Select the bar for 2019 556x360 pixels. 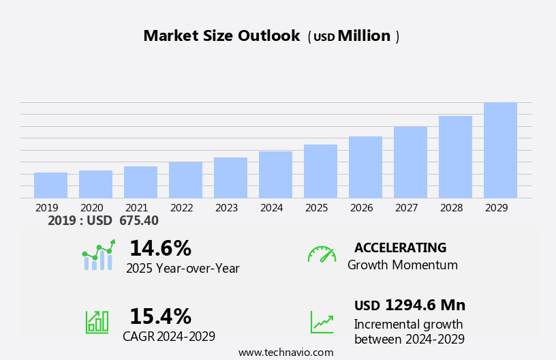click(x=50, y=185)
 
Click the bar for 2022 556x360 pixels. click(x=185, y=180)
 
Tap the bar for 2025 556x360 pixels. click(x=320, y=171)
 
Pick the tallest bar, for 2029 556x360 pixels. click(x=500, y=151)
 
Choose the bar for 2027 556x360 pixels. click(x=410, y=162)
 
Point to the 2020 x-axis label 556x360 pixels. click(x=92, y=208)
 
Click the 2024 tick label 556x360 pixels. click(x=272, y=208)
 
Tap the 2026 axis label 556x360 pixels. click(x=362, y=208)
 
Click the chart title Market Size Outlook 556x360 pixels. click(x=221, y=36)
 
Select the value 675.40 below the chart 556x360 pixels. click(x=138, y=221)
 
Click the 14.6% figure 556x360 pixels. click(x=160, y=248)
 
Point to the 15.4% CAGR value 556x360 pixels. click(x=160, y=316)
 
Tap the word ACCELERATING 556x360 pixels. click(x=400, y=247)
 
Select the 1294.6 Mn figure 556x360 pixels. click(x=425, y=305)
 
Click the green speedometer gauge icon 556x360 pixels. click(x=322, y=254)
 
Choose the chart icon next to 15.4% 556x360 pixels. click(x=97, y=322)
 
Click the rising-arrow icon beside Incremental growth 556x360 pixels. click(x=322, y=322)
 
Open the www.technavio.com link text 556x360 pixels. click(x=285, y=352)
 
